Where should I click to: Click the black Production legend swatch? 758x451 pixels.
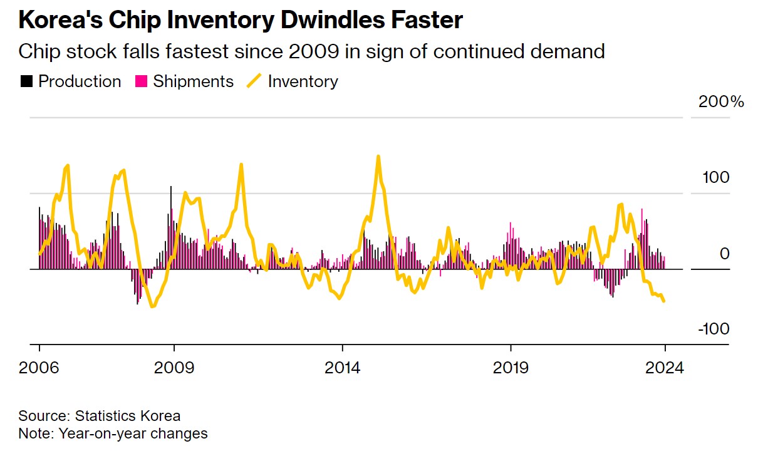click(27, 81)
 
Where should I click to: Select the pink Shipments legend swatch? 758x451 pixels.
click(142, 81)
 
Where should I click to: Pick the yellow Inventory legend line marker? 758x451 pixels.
click(254, 81)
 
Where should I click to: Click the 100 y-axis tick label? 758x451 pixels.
click(715, 178)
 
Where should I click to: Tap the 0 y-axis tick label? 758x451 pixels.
click(725, 254)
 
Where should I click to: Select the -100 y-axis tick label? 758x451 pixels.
click(712, 329)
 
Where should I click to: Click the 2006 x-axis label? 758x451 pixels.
click(39, 367)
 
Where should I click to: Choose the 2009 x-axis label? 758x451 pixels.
click(174, 367)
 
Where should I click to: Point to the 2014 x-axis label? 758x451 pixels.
click(342, 367)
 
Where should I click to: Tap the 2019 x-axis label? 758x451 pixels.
click(511, 367)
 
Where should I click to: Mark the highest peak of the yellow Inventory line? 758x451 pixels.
click(378, 157)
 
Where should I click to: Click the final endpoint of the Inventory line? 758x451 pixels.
click(664, 301)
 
